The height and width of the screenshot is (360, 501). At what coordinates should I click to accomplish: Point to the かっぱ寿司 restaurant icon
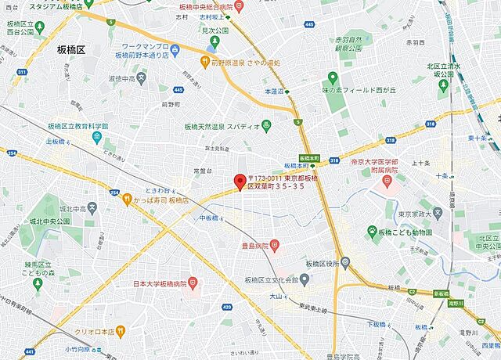coord(127,200)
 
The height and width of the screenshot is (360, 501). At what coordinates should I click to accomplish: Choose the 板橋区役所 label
coord(320,264)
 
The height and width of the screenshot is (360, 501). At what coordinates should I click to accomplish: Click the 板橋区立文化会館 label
coord(276,280)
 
